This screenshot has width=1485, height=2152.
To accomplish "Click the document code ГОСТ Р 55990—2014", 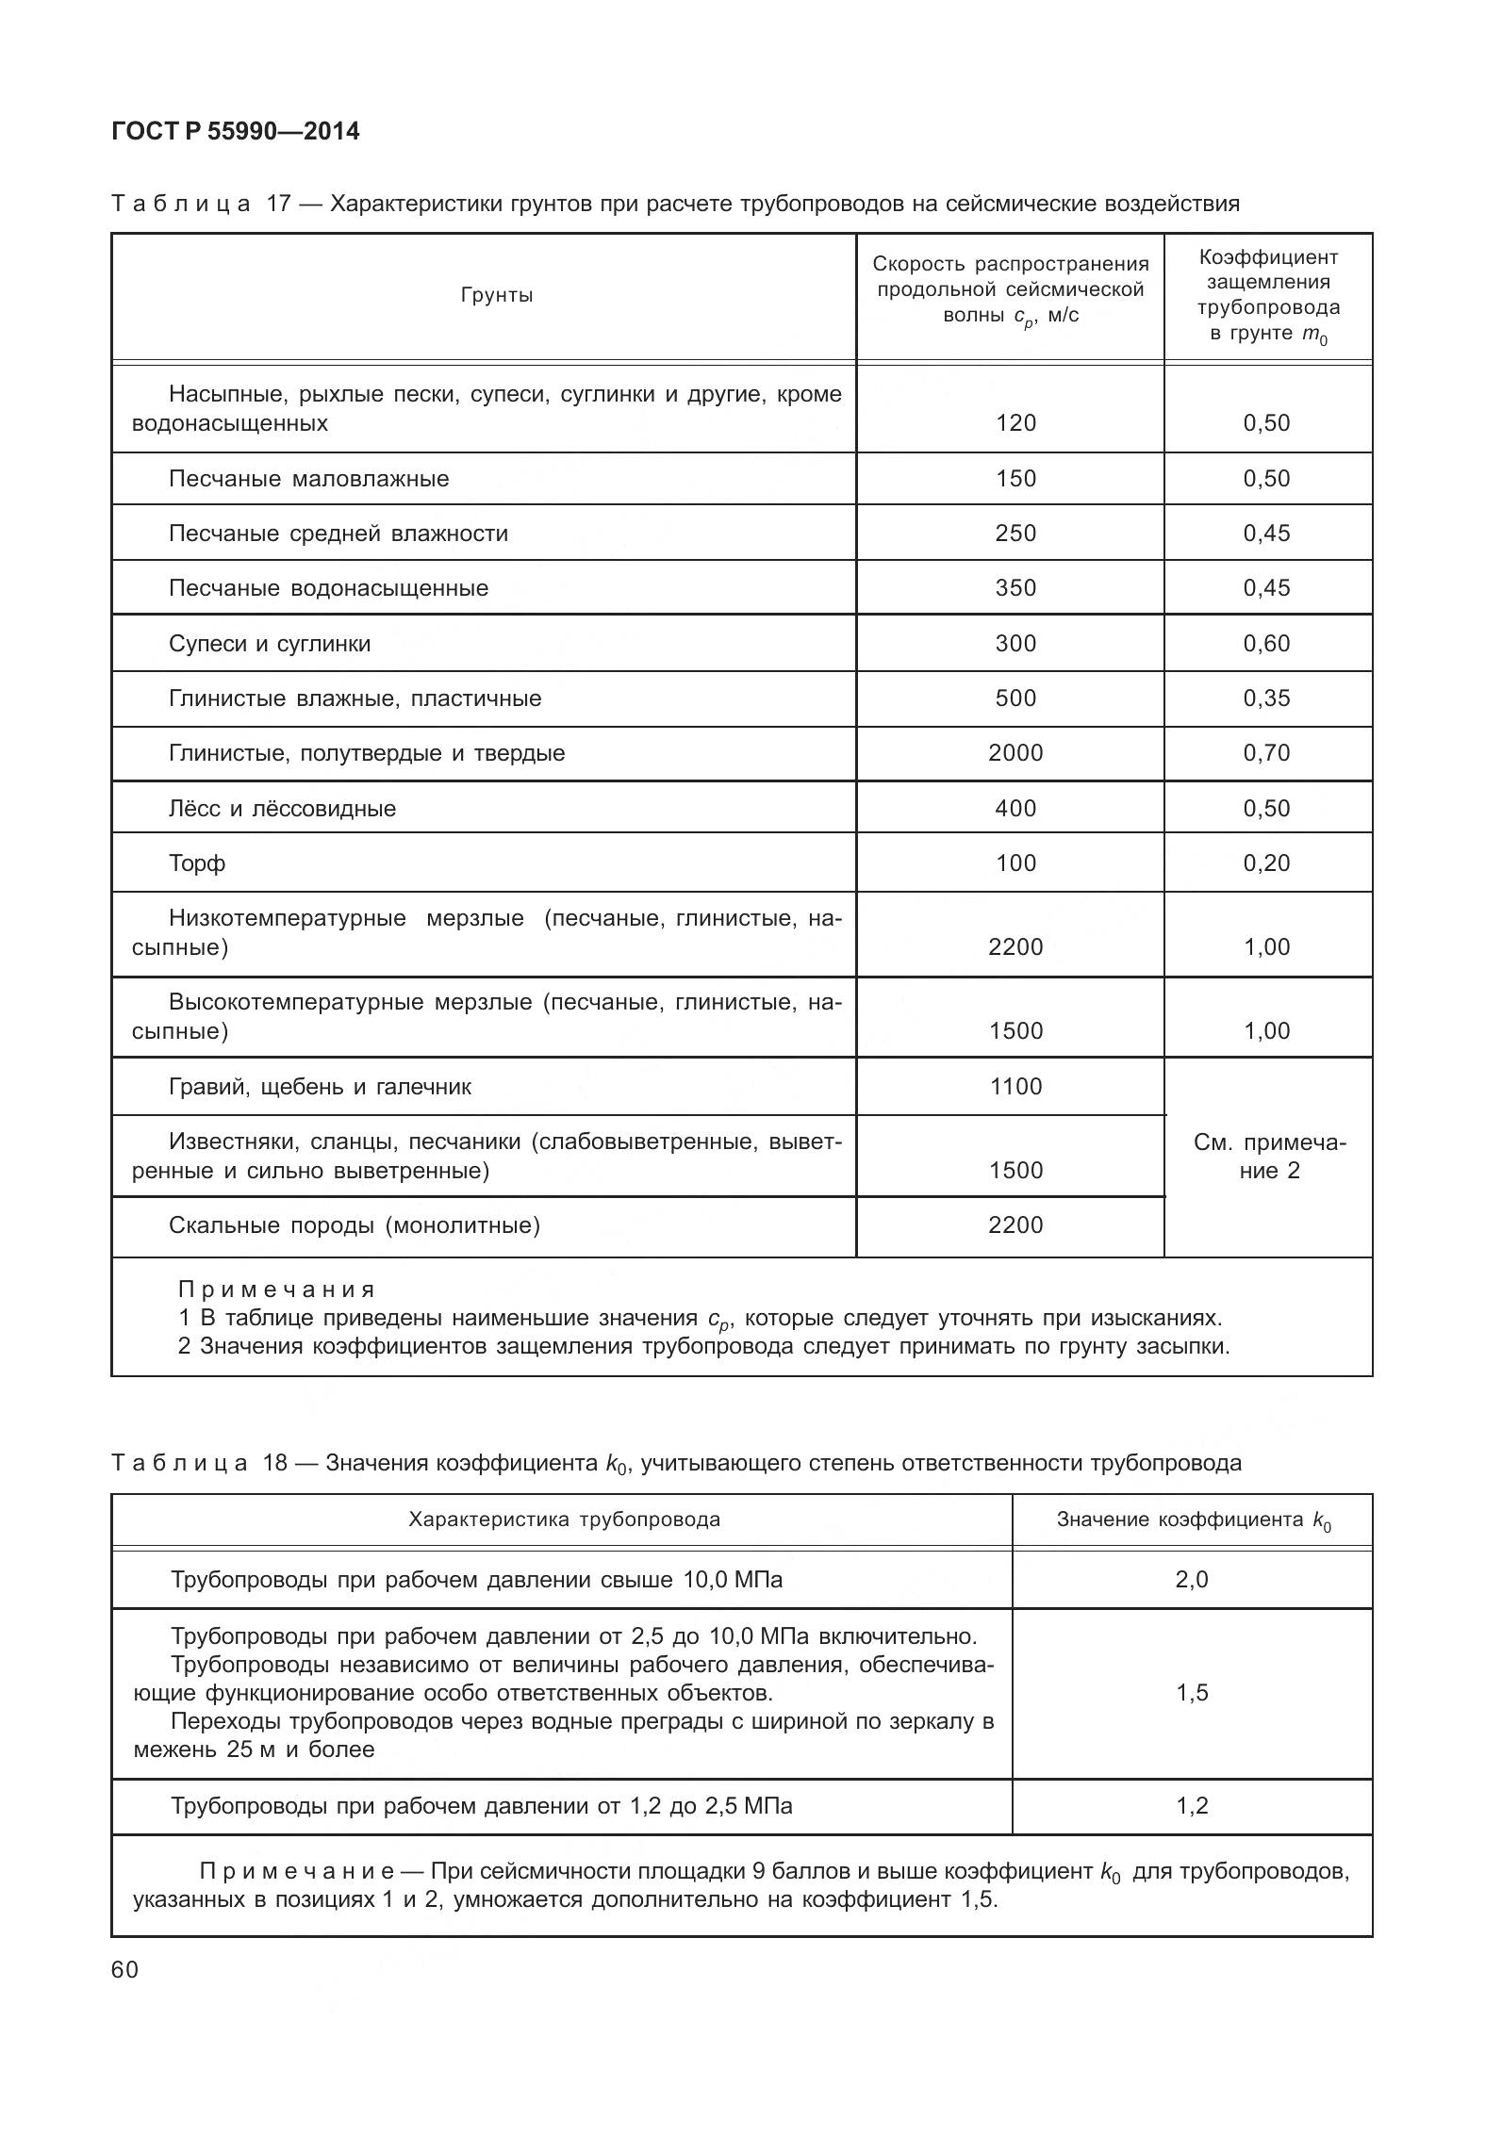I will tap(235, 131).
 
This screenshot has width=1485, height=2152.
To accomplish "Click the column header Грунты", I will tap(497, 296).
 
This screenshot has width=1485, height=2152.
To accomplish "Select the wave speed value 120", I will tap(1015, 423).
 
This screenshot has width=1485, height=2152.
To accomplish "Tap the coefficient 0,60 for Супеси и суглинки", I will tap(1266, 644).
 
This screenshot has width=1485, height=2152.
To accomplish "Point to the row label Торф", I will tap(197, 863).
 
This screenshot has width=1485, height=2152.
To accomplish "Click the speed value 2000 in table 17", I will tap(1015, 753).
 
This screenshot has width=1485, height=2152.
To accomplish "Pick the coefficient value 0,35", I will tap(1266, 698).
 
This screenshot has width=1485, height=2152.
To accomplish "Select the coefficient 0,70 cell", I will tap(1266, 753).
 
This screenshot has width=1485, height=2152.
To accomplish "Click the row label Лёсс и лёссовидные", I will tap(282, 809).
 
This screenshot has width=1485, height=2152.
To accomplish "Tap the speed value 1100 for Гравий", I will tap(1015, 1087).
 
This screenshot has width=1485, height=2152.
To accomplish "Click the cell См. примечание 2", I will tap(1269, 1157).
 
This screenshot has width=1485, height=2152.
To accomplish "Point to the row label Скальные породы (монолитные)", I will tap(354, 1225).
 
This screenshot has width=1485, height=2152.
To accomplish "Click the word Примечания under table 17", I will tap(276, 1290).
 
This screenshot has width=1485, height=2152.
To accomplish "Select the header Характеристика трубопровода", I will tap(564, 1520).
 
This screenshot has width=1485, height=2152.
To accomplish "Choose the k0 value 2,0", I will tap(1192, 1579).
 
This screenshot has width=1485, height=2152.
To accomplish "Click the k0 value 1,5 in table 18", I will tap(1192, 1693).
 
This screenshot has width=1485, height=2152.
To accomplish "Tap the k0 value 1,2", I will tap(1192, 1806).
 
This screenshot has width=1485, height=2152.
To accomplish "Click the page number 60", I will tap(124, 1970).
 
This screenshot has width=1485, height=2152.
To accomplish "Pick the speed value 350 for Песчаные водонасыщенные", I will tap(1015, 588).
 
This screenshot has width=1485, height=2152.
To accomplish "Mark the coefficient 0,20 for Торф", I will tap(1266, 863).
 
